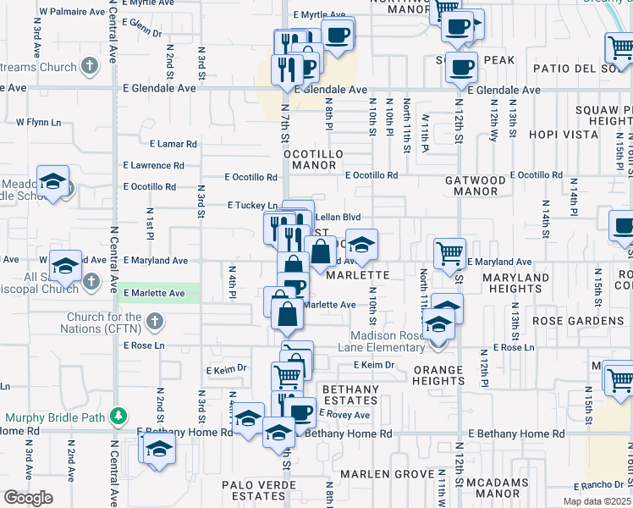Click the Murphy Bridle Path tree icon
click(119, 416)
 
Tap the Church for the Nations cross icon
click(152, 321)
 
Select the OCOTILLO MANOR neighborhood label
click(310, 160)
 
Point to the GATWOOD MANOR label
click(476, 185)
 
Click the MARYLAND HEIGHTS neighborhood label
click(516, 283)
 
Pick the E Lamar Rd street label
click(173, 145)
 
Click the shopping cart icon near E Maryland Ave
click(449, 251)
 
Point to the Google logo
click(28, 498)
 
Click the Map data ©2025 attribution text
click(596, 501)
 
